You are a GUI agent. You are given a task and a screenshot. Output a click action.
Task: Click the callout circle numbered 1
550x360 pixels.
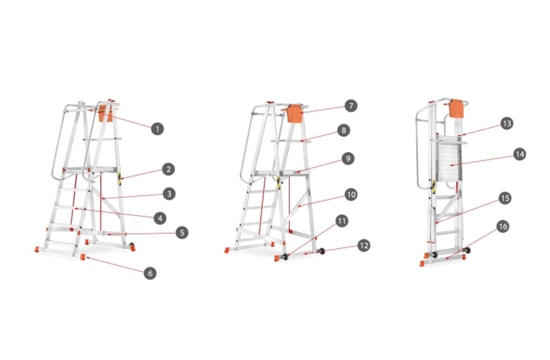157,129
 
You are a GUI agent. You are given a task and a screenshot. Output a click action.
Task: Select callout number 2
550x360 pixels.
168,169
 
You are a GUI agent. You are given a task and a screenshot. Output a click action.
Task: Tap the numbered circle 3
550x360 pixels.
169,193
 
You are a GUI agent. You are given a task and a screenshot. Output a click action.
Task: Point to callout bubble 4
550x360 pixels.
160,218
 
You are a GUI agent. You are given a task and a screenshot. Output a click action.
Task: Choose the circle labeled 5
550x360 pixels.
181,232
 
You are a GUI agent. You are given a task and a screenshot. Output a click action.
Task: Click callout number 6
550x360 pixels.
150,273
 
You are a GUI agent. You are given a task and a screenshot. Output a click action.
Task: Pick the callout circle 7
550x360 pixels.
351,105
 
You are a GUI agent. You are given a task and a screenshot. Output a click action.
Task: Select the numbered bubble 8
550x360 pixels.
344,130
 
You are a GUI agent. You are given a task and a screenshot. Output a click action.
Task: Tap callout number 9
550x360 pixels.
348,158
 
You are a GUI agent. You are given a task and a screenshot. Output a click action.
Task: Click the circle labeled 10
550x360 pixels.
351,194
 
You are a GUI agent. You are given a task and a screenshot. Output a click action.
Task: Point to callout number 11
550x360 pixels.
341,221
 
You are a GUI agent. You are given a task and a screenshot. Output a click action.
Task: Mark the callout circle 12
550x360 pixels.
363,245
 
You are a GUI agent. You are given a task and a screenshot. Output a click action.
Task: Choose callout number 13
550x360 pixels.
506,123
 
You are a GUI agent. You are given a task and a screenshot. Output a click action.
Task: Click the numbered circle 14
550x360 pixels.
519,154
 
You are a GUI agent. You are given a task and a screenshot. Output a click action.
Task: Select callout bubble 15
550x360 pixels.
505,198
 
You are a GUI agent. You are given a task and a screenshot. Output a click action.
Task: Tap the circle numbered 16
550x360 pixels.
503,226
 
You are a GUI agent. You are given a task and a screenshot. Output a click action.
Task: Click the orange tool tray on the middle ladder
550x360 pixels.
294,113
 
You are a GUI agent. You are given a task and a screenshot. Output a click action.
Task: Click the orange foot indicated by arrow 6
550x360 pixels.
83,257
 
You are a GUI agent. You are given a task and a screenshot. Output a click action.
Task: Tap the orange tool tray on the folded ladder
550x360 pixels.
456,109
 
